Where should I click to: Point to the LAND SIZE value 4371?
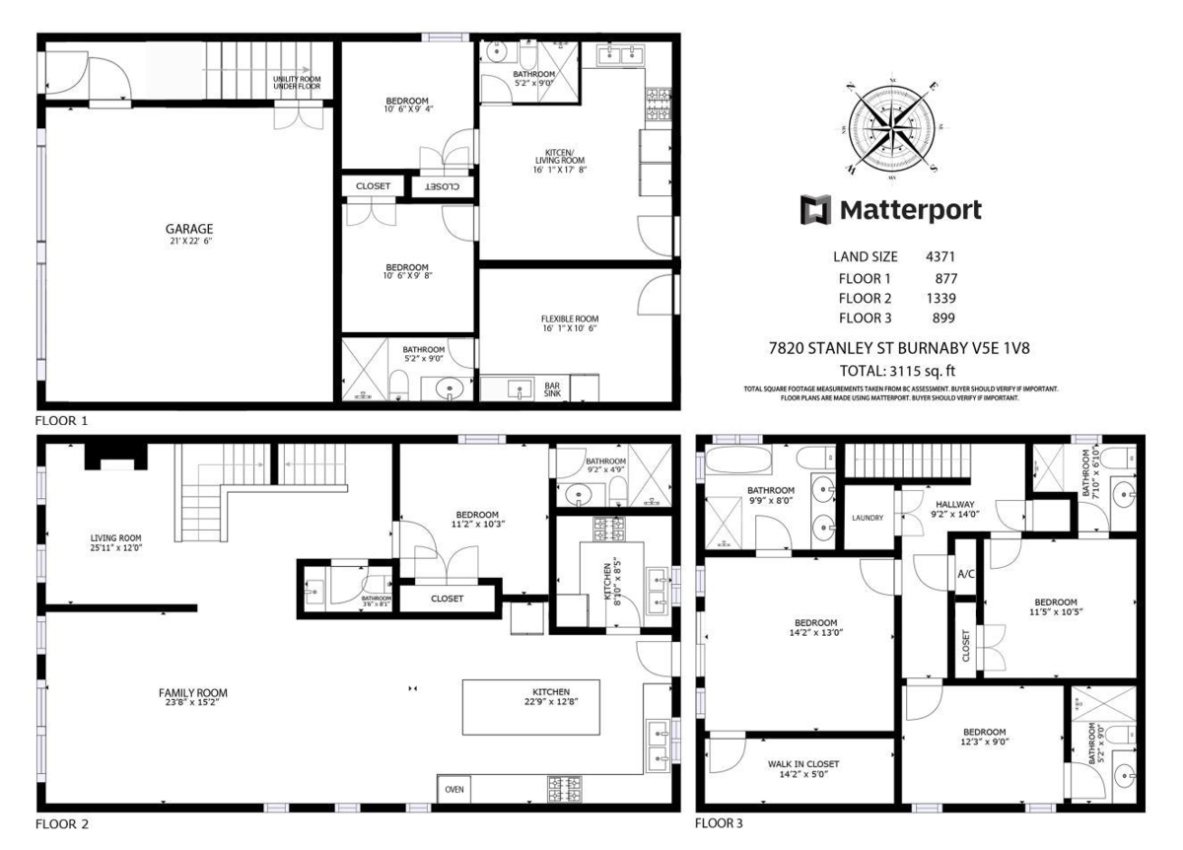click(x=939, y=256)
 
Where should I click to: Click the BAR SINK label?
click(x=552, y=390)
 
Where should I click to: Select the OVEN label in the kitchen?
click(x=454, y=789)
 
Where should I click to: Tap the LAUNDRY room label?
click(x=868, y=518)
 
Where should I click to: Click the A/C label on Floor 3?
click(x=966, y=574)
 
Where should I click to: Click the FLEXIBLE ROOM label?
click(x=570, y=319)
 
